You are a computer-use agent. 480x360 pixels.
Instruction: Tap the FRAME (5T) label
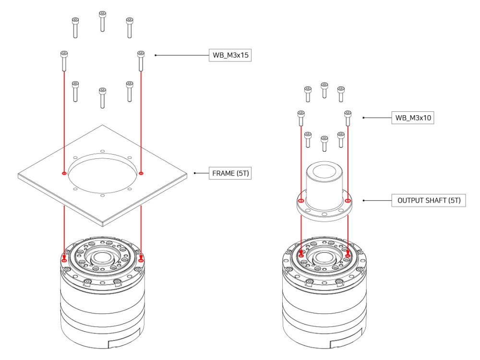230,173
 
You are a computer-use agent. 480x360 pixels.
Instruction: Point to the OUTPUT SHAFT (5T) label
429,201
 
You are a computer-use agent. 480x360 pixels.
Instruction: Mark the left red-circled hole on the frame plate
64,173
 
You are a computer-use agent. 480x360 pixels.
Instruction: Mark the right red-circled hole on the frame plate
141,173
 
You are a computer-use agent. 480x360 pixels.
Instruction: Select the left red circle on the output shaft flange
301,201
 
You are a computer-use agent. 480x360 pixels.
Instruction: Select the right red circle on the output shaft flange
348,201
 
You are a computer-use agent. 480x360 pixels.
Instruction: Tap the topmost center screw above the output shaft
324,89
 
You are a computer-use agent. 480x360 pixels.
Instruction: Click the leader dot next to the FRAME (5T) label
194,173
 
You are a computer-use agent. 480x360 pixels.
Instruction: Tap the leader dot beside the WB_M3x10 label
363,118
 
